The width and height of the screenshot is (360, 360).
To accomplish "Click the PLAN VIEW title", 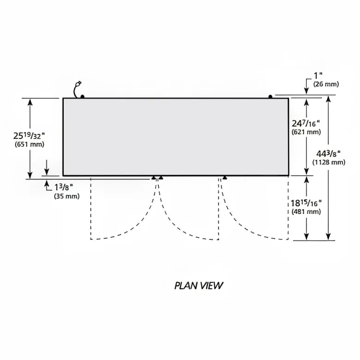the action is (x=198, y=286).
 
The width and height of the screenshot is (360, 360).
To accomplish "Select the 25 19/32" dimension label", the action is (x=29, y=136).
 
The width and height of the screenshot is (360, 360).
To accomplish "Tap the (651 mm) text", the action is (x=30, y=144).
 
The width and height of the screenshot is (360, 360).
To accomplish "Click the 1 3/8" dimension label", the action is (x=64, y=187).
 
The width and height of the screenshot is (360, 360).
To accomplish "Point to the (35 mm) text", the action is (x=67, y=196).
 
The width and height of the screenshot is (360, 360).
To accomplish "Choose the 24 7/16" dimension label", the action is (x=306, y=124).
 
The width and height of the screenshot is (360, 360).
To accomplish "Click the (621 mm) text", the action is (x=306, y=132).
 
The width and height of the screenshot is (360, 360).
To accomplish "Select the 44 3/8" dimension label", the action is (x=328, y=153).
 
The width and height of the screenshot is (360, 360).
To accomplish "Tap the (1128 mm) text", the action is (x=329, y=162).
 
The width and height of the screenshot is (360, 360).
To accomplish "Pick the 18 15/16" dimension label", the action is (x=306, y=203).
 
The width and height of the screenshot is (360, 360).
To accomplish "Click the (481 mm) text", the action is (x=306, y=211).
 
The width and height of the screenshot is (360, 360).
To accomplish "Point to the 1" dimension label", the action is (x=318, y=75).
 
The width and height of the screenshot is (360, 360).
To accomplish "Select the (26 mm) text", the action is (x=326, y=84).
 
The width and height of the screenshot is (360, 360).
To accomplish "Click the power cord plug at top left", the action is (x=79, y=83).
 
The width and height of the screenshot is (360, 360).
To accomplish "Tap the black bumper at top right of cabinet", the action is (x=270, y=96).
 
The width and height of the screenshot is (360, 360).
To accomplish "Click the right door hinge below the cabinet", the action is (x=225, y=178).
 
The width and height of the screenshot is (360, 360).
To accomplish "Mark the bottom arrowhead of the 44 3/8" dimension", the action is (x=328, y=236).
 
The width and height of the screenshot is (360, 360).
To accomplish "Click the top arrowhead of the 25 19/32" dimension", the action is (x=30, y=102).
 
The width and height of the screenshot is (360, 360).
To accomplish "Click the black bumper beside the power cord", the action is (x=83, y=96).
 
